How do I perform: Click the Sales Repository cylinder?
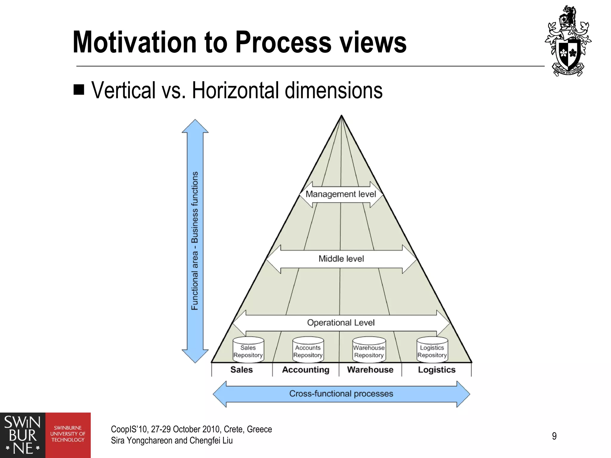click(x=248, y=350)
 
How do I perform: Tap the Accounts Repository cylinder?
click(x=308, y=350)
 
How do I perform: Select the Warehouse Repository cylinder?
click(x=369, y=350)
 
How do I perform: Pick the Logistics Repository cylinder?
click(x=432, y=350)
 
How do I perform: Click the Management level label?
click(x=341, y=194)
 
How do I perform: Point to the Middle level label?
click(x=341, y=259)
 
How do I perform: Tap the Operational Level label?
click(x=341, y=323)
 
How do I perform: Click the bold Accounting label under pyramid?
click(x=305, y=370)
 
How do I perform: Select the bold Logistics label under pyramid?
click(x=436, y=370)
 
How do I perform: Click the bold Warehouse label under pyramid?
click(x=370, y=370)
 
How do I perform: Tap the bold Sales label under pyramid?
click(x=241, y=370)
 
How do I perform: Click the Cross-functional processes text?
click(x=341, y=394)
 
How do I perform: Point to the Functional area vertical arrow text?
click(x=195, y=241)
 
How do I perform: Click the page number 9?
click(x=554, y=436)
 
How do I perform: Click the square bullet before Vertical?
click(x=79, y=89)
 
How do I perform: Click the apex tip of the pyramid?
click(x=341, y=117)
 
